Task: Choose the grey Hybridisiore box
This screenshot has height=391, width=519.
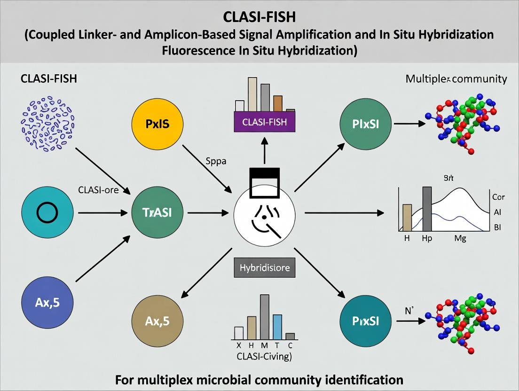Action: pyautogui.click(x=262, y=268)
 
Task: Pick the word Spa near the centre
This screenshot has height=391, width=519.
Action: pyautogui.click(x=216, y=161)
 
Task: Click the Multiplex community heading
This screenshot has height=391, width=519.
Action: pyautogui.click(x=456, y=79)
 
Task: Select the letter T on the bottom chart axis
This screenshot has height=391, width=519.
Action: pyautogui.click(x=277, y=345)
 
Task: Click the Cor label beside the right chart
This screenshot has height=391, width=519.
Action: pyautogui.click(x=497, y=197)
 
